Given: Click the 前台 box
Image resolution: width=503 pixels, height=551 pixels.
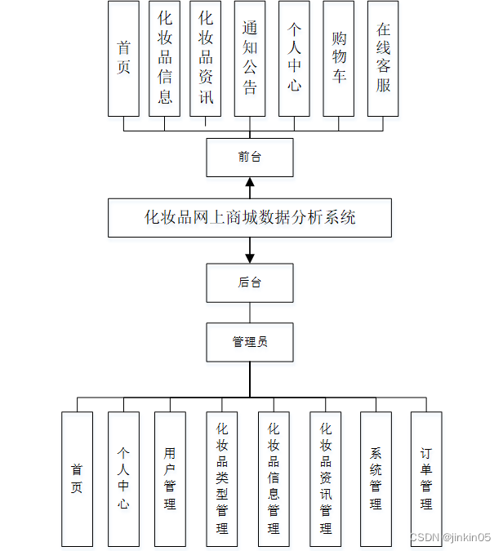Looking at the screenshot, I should pos(249,157).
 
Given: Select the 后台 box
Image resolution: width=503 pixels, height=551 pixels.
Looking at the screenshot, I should pos(249,282).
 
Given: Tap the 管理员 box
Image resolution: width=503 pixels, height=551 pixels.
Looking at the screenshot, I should pos(249,342).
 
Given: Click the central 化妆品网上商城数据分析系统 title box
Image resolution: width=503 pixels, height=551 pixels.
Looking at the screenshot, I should pos(249,218).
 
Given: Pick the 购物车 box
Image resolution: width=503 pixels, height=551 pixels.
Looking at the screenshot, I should pos(339,58).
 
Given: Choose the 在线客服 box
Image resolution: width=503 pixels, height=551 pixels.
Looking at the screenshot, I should pos(383,58).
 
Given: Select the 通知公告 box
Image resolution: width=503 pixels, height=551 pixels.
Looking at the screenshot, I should pos(250,58).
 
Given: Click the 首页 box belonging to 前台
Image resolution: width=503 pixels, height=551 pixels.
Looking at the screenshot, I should pos(123,58).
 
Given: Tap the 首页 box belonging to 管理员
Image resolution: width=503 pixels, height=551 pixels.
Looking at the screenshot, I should pos(77,478).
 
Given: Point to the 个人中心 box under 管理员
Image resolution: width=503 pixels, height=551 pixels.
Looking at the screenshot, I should pos(123,478).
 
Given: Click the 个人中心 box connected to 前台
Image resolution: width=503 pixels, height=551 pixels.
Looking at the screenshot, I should pos(294,58).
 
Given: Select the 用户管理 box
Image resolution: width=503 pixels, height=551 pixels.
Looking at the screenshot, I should pos(170,478).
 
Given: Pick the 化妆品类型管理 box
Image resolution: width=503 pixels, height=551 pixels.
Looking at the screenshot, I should pos(222,478).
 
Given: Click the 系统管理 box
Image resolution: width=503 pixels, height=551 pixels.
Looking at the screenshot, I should pos(376,478).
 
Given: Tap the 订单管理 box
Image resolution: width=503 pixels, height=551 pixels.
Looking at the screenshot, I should pos(426,478).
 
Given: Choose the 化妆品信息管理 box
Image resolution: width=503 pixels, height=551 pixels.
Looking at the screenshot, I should pos(274,478).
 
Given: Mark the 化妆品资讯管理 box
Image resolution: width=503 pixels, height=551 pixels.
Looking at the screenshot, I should pos(326,478).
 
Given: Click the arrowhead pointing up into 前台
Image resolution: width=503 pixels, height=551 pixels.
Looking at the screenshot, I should pos(250,182).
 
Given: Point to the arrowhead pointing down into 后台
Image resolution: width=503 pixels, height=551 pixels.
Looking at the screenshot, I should pos(250,257).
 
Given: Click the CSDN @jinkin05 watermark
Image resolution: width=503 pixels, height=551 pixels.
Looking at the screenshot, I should pos(449,537).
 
